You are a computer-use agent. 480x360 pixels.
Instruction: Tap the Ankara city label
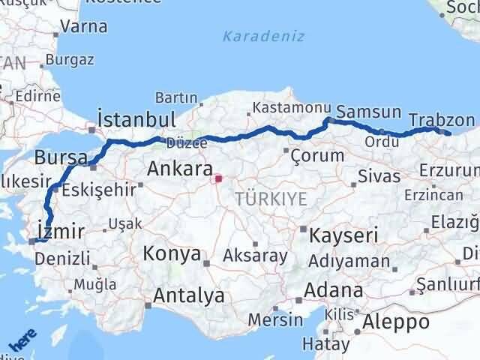click(180, 167)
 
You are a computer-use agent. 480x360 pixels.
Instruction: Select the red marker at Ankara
click(218, 178)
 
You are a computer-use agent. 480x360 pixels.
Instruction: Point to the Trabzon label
click(442, 119)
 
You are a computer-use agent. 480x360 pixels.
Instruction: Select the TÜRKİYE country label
click(271, 199)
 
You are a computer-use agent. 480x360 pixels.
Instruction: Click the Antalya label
click(188, 295)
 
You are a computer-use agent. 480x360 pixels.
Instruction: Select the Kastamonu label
click(281, 109)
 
